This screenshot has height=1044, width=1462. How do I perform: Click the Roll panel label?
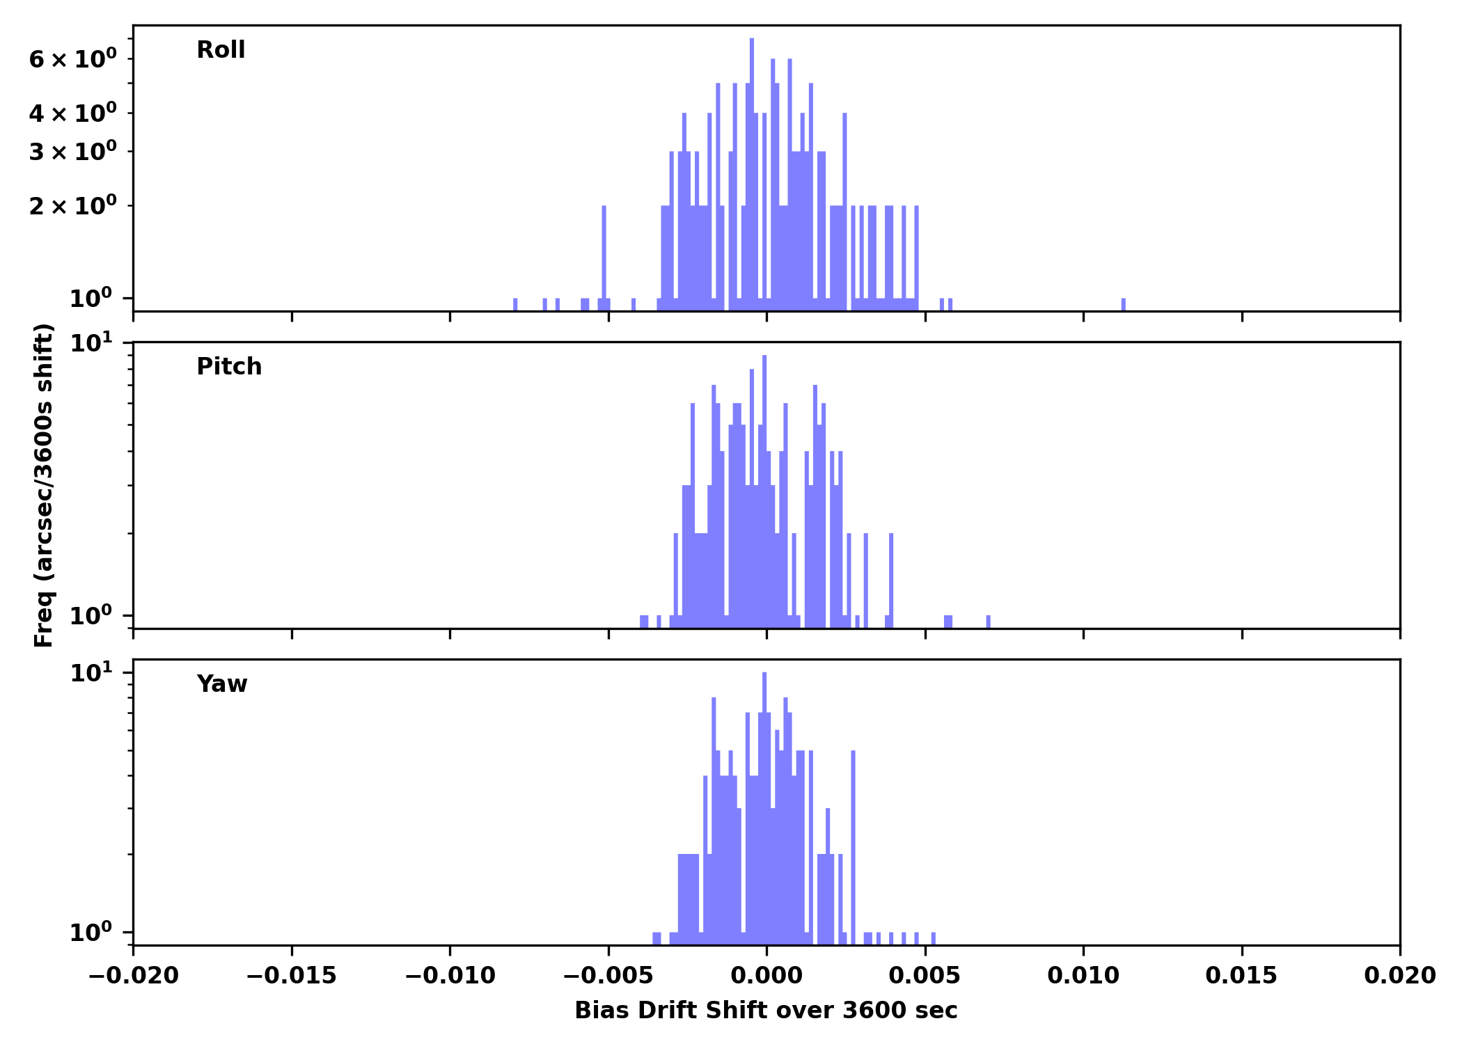click(221, 50)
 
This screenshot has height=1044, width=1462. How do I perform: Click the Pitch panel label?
click(229, 367)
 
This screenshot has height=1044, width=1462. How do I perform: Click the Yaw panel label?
click(221, 684)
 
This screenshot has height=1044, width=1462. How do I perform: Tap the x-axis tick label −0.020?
click(134, 976)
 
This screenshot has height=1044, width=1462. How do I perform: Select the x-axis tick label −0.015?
click(292, 976)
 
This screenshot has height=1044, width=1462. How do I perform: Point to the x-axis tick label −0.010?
click(450, 976)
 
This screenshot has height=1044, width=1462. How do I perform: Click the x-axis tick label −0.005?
click(608, 976)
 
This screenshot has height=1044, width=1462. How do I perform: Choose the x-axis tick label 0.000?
click(767, 976)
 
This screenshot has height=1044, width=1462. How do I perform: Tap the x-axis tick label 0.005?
click(925, 976)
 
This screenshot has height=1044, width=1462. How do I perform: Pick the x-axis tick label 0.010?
click(1083, 976)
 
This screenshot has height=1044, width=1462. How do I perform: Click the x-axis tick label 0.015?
click(1241, 976)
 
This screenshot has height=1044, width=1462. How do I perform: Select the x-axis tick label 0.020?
click(1399, 976)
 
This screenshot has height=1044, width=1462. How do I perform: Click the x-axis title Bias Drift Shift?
click(766, 1011)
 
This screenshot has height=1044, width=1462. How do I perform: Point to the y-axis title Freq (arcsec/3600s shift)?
click(44, 485)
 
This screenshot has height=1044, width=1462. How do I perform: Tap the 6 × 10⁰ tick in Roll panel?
click(72, 59)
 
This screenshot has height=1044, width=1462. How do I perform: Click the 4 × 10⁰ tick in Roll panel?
click(72, 113)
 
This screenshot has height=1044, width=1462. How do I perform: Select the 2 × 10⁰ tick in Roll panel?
click(72, 206)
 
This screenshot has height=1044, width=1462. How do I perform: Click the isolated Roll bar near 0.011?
click(1124, 304)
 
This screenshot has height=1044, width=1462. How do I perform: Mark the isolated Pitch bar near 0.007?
click(988, 622)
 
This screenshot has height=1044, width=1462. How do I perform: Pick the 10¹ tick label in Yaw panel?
click(91, 673)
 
